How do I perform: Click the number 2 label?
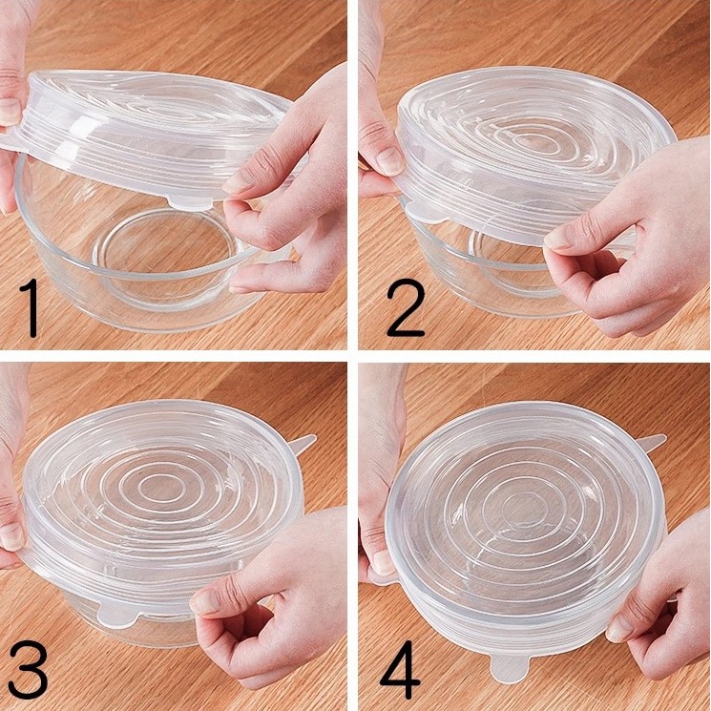pos(406,307)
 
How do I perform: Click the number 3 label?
pos(28,669)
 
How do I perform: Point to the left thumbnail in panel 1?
pos(10,112)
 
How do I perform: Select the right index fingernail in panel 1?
pos(235,182)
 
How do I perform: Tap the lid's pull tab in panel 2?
pos(424,211)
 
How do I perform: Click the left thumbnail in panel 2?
pos(390,160)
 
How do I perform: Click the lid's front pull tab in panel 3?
pos(118,615)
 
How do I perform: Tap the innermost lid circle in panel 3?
pos(155,491)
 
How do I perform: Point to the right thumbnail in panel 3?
pos(203,601)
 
